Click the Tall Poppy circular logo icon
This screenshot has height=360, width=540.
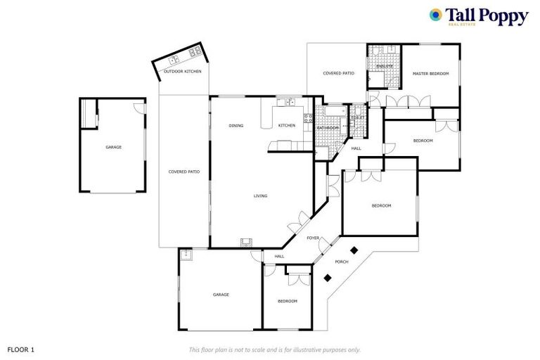click(x=436, y=15)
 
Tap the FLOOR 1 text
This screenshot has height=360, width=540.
click(x=20, y=349)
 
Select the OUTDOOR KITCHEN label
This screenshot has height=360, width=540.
click(x=182, y=72)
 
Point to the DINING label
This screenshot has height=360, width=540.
click(x=236, y=126)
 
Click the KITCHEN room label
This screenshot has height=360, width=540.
click(x=286, y=126)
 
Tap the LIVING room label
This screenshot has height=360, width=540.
click(x=260, y=196)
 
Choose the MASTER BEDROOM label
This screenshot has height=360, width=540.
click(x=430, y=73)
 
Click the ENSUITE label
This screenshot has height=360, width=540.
click(x=384, y=66)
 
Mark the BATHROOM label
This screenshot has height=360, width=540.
click(x=327, y=128)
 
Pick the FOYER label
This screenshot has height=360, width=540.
click(x=313, y=238)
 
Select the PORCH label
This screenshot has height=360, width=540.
click(x=342, y=262)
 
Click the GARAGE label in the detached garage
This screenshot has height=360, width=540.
click(x=113, y=147)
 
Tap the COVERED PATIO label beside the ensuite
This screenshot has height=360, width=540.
click(x=338, y=73)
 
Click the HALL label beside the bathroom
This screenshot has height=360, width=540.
click(x=356, y=148)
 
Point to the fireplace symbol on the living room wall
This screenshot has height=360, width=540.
click(x=246, y=242)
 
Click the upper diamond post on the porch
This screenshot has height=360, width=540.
click(x=354, y=249)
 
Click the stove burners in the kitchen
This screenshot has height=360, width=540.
click(x=307, y=118)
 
